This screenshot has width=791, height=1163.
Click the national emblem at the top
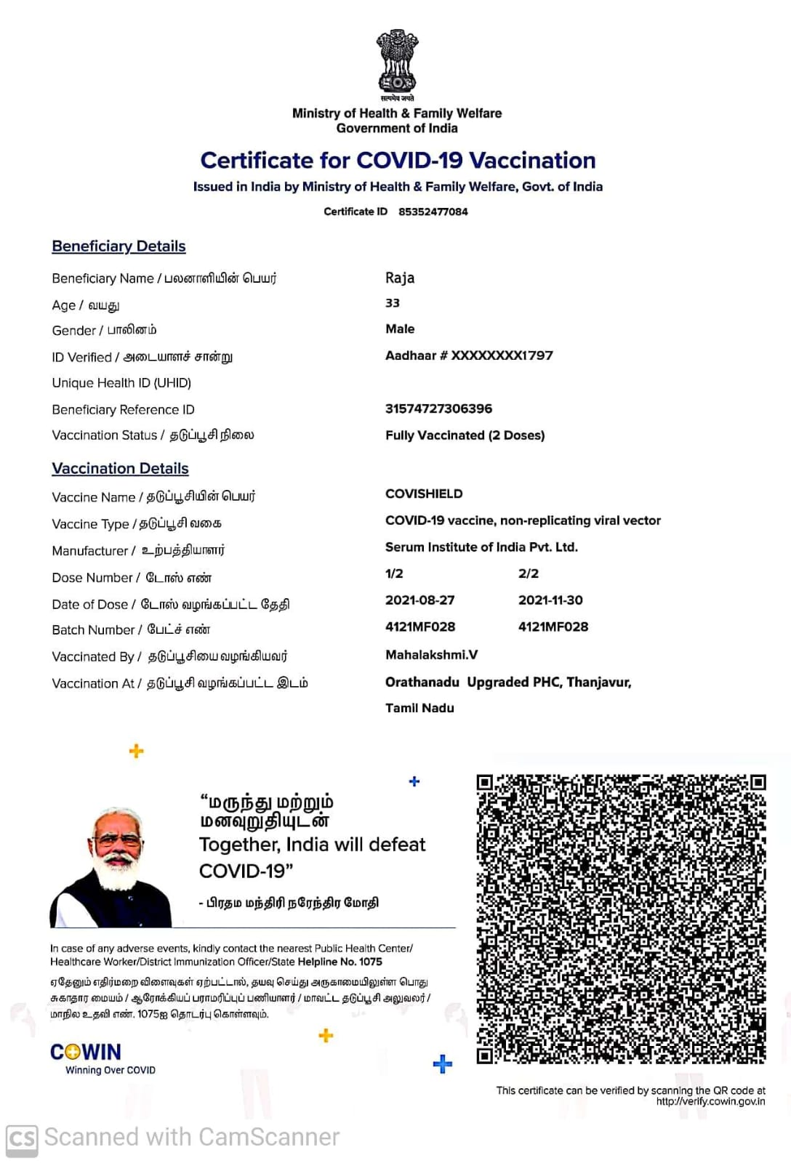[397, 61]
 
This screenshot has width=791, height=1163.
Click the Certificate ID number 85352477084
[433, 212]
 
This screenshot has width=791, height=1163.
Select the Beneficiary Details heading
[119, 246]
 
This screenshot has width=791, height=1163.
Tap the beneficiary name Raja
[400, 278]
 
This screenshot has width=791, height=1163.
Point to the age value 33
[393, 303]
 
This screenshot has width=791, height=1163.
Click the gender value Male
[400, 329]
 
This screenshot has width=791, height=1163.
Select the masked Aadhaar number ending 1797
[469, 355]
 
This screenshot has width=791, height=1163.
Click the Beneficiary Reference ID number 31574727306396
[438, 409]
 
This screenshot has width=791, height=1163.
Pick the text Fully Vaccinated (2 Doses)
[465, 435]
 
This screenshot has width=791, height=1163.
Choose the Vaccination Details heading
[120, 469]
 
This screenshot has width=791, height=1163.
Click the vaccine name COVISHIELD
[424, 494]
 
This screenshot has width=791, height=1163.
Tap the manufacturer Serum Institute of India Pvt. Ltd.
[481, 547]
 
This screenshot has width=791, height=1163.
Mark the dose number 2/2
[529, 574]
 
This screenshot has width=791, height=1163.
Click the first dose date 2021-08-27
[419, 600]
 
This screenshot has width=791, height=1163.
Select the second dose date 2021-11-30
[550, 600]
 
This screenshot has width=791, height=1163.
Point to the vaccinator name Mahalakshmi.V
[431, 655]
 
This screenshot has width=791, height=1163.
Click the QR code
[621, 919]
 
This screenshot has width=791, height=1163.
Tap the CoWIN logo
[86, 1053]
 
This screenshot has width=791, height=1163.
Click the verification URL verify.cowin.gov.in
[710, 1102]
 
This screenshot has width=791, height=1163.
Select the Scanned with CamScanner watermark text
[191, 1137]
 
